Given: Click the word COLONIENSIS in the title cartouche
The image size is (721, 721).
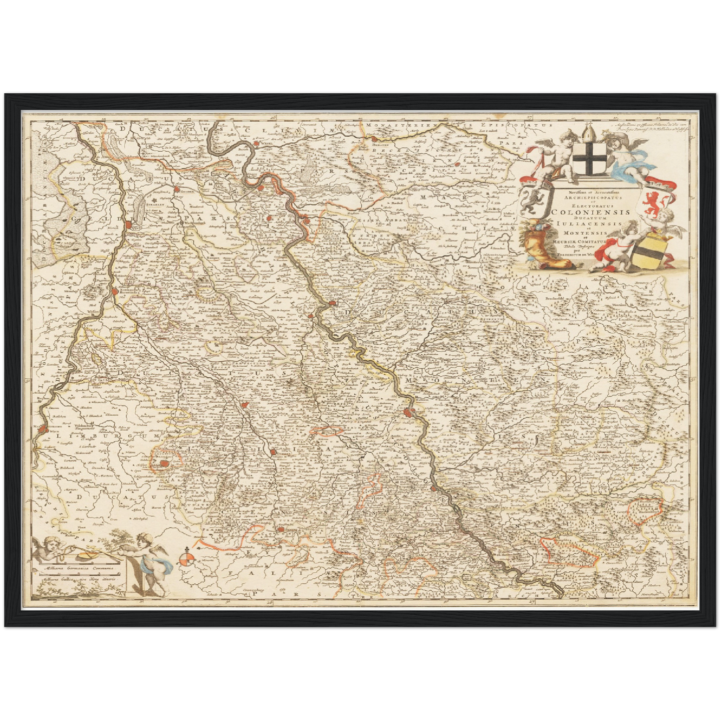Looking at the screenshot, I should (590, 211).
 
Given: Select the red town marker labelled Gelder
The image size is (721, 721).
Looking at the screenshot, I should (176, 190).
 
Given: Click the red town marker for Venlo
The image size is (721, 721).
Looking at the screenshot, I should (130, 224).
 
